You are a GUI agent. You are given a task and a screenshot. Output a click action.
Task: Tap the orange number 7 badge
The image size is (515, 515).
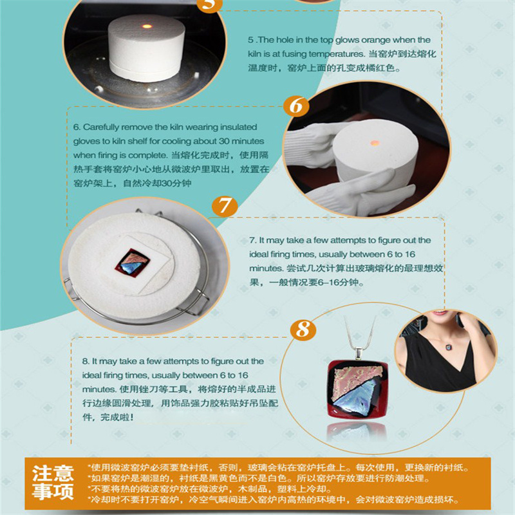coord(223,207)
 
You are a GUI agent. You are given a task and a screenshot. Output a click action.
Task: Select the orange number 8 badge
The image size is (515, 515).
coord(301,330)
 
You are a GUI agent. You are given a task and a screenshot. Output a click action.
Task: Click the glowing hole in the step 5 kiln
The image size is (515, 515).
coord(146,25)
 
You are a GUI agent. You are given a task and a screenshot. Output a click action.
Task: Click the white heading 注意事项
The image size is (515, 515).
coord(53,483)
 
